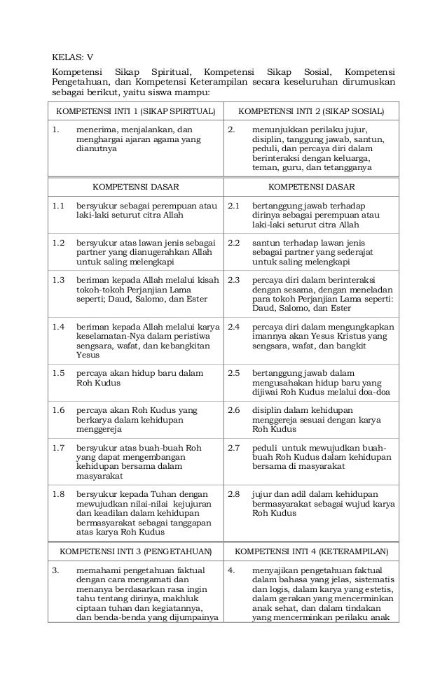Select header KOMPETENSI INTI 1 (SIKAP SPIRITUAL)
tap(136, 111)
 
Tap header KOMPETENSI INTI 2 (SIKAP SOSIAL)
tap(311, 111)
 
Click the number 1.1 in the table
tap(58, 206)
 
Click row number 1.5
tap(58, 373)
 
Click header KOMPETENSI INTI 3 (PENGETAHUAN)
tap(136, 551)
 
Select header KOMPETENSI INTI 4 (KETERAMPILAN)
tap(311, 551)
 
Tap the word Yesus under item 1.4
tap(88, 355)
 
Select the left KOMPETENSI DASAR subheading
tap(136, 187)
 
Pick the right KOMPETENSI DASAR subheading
tap(311, 187)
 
